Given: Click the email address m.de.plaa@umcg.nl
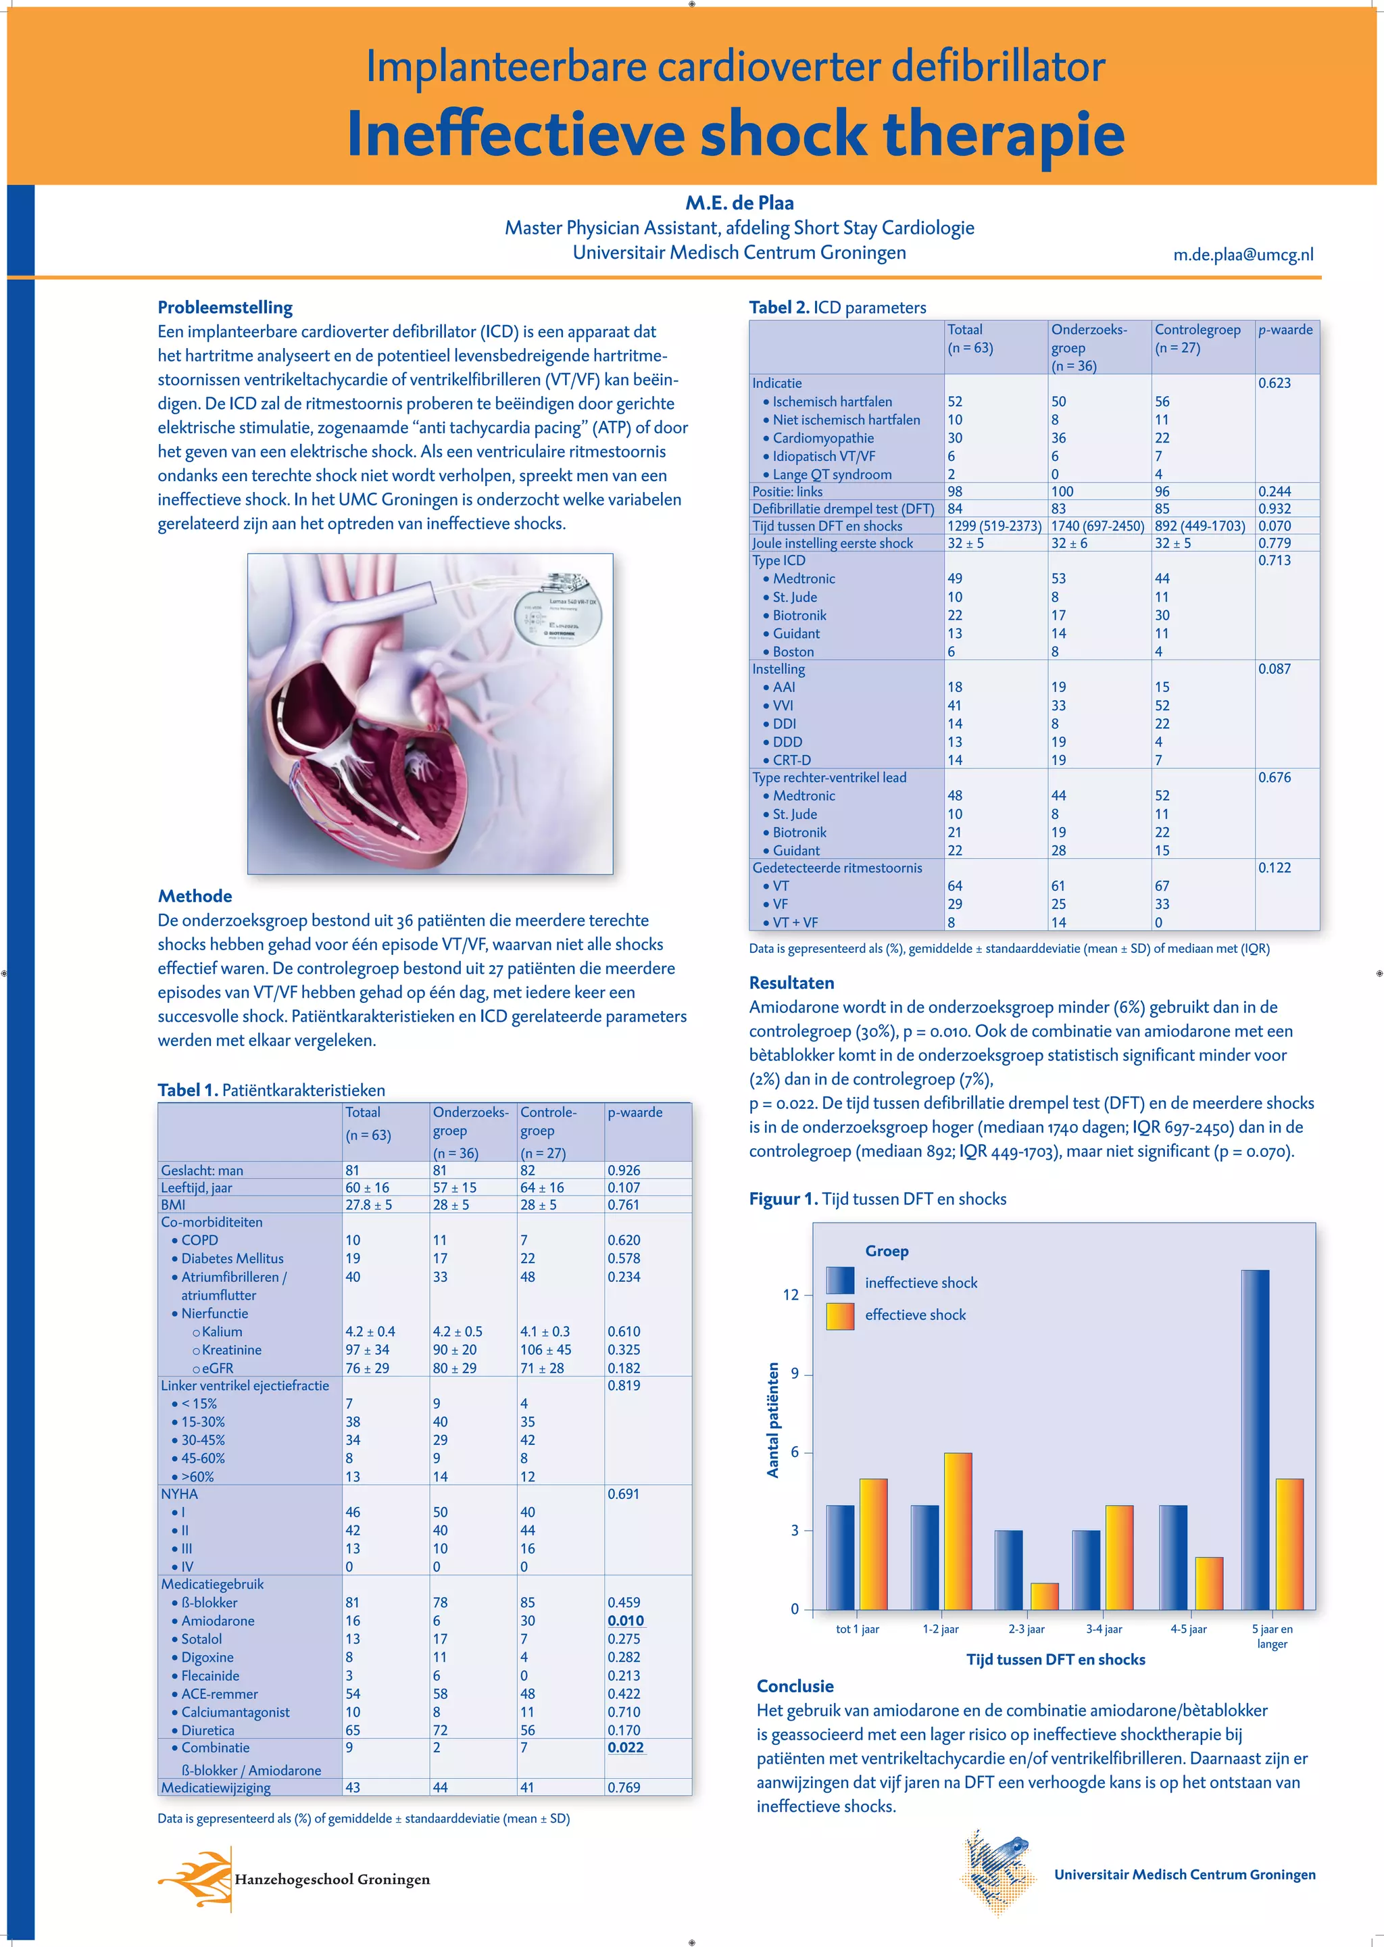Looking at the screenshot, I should (x=1243, y=254).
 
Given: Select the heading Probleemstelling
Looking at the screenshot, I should (x=225, y=307).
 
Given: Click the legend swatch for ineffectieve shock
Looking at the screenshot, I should (x=839, y=1281).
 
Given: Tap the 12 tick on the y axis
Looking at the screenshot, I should (x=791, y=1294).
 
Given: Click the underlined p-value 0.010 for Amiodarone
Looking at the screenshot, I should (x=626, y=1621).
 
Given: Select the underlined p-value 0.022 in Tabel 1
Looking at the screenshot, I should (x=626, y=1748).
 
